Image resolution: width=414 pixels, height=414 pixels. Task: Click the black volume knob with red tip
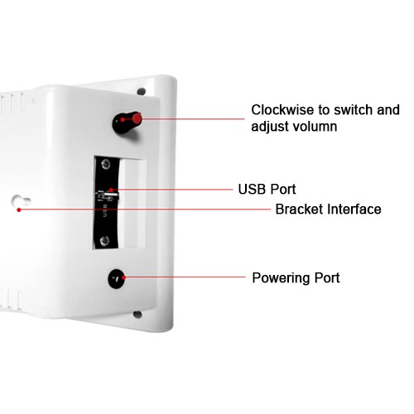pyautogui.click(x=127, y=123)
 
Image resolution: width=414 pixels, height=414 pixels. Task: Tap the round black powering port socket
pyautogui.click(x=117, y=279)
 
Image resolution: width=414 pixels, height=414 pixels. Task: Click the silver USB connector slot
pyautogui.click(x=108, y=195)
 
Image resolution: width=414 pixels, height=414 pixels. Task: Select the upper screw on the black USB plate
pyautogui.click(x=106, y=165)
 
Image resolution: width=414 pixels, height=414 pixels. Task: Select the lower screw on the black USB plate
pyautogui.click(x=104, y=241)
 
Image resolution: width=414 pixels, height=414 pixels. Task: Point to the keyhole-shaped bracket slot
pyautogui.click(x=21, y=201)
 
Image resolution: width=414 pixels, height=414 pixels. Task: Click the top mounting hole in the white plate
pyautogui.click(x=142, y=91)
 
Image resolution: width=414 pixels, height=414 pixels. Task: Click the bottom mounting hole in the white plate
pyautogui.click(x=137, y=314)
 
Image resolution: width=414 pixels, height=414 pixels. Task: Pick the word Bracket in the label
pyautogui.click(x=299, y=209)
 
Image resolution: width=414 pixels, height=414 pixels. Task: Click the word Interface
pyautogui.click(x=354, y=209)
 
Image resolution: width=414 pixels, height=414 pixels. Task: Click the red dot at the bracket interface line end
pyautogui.click(x=19, y=210)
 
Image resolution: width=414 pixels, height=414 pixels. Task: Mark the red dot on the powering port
pyautogui.click(x=123, y=277)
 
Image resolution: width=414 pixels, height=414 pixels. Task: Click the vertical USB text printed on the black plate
pyautogui.click(x=105, y=210)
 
